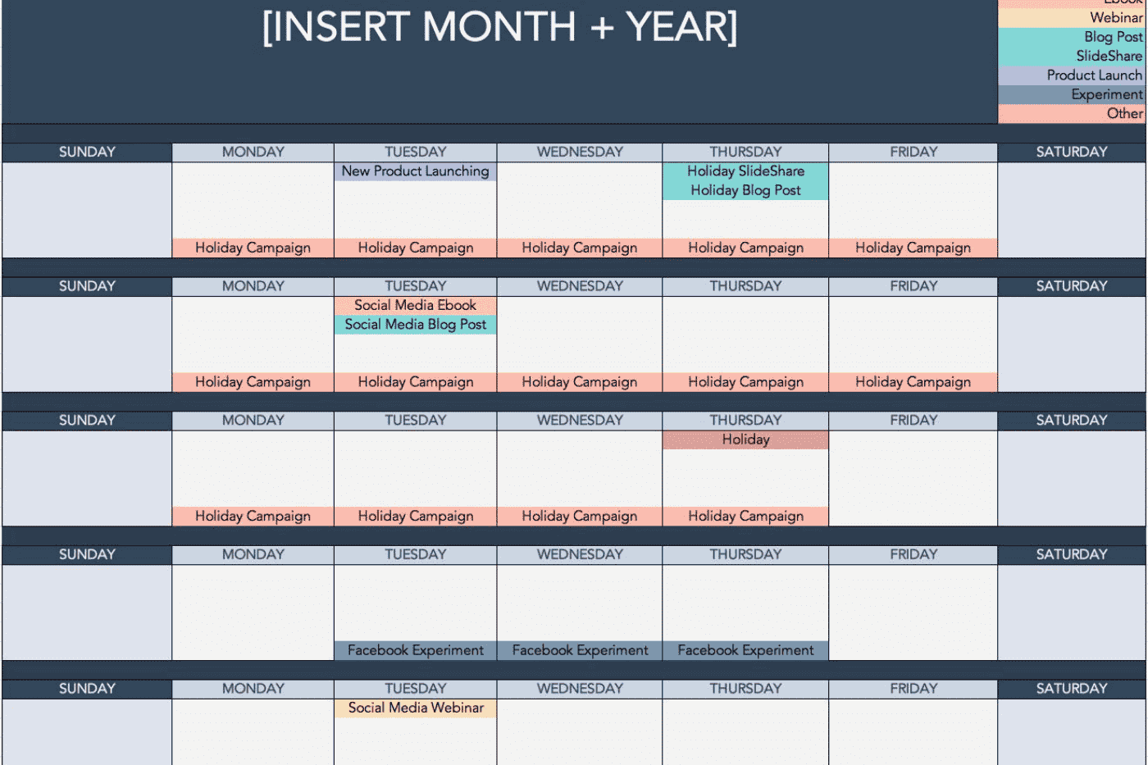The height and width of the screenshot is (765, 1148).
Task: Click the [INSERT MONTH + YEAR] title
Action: coord(499,27)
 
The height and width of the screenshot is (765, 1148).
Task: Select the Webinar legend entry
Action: coord(1115,17)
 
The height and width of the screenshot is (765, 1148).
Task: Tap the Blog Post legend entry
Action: coord(1112,37)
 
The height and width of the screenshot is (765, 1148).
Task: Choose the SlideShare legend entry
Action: coord(1109,56)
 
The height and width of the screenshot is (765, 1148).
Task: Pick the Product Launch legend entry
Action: coord(1094,75)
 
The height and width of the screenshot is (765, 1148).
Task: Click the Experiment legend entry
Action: coord(1106,94)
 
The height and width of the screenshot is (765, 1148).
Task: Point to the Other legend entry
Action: coord(1124,113)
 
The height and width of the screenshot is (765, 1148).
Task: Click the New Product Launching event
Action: coord(415,171)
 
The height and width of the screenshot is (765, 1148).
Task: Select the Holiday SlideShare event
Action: coord(745,171)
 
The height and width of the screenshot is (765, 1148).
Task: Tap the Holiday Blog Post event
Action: coord(745,190)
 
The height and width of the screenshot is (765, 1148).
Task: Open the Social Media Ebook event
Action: coord(415,305)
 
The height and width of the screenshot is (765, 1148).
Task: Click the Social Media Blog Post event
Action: coord(415,325)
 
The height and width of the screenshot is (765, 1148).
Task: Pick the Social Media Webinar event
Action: coord(415,708)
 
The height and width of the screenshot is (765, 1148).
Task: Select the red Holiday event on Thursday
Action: coord(745,439)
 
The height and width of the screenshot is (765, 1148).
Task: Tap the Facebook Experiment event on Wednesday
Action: coord(580,650)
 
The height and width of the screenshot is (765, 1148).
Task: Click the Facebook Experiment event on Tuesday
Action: coord(415,650)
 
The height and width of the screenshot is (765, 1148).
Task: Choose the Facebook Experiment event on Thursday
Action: coord(745,650)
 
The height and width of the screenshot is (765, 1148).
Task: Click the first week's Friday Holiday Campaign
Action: coord(913,248)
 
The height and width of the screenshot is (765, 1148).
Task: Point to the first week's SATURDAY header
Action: coord(1071,152)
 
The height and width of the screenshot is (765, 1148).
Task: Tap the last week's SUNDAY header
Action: coord(87,689)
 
